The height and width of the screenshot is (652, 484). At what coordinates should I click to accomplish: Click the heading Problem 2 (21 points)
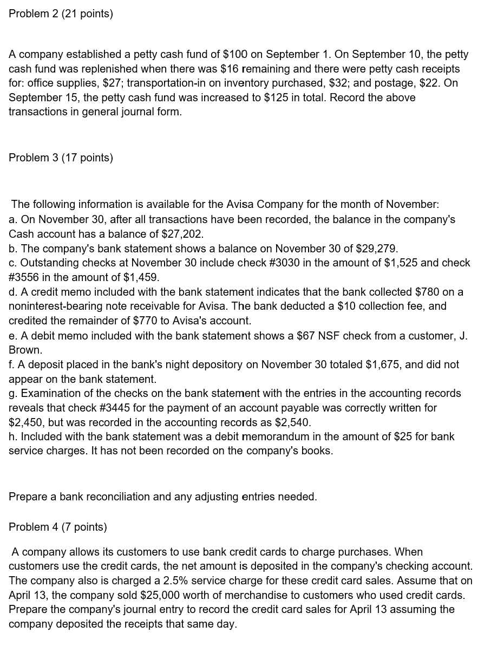pyautogui.click(x=61, y=14)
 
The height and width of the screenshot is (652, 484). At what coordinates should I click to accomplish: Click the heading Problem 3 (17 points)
pyautogui.click(x=61, y=158)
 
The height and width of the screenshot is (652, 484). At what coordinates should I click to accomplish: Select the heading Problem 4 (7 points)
pyautogui.click(x=58, y=527)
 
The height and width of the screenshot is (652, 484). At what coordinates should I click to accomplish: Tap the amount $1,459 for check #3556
pyautogui.click(x=141, y=277)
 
